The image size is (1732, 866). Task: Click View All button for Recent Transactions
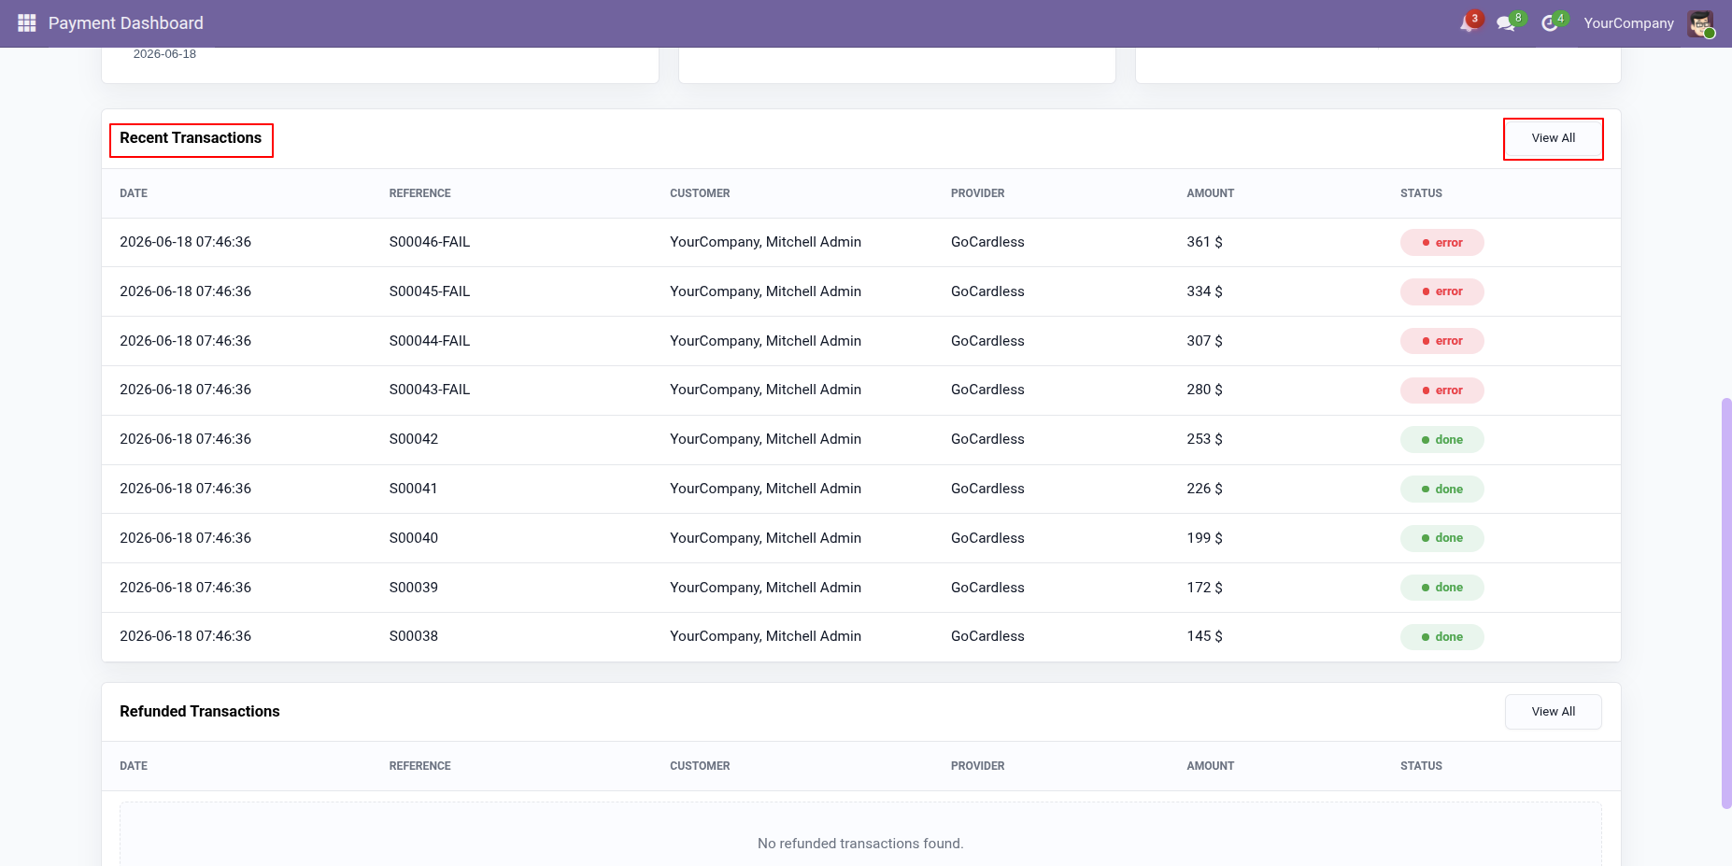1553,138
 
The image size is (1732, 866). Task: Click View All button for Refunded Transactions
1553,712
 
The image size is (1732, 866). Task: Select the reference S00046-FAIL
430,242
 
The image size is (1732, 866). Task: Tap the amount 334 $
1204,291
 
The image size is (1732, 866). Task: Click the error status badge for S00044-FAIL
1441,341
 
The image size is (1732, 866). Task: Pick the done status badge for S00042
1441,440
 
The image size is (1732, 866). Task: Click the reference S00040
414,538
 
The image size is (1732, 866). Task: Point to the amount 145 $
1204,636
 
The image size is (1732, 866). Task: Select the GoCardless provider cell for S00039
987,588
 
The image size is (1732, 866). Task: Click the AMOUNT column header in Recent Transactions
1210,193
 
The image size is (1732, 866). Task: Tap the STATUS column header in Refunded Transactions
1421,766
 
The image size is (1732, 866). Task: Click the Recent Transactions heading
191,138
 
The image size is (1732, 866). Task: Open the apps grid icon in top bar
27,23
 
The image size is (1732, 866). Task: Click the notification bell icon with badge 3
1468,23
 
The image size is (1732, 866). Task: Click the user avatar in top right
1700,23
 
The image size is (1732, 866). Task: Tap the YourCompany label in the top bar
1628,23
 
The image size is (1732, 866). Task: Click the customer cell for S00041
765,489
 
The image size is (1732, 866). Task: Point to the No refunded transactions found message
860,844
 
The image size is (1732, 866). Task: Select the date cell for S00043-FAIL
185,390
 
